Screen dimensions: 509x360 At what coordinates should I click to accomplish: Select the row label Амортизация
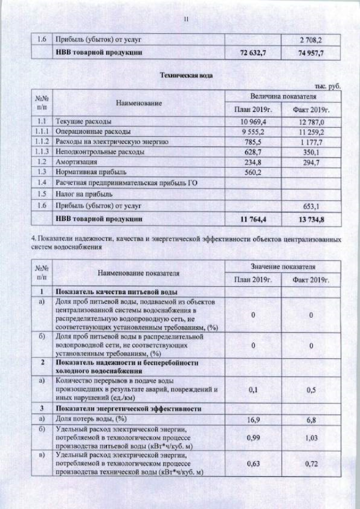74,161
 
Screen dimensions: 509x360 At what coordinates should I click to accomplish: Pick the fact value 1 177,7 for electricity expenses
310,142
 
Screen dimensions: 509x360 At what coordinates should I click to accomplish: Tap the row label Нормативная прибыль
84,172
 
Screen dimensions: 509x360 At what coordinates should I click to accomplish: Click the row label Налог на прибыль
79,193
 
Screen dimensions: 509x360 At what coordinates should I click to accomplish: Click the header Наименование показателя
138,273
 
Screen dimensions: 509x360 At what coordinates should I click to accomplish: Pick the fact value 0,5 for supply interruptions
310,389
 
